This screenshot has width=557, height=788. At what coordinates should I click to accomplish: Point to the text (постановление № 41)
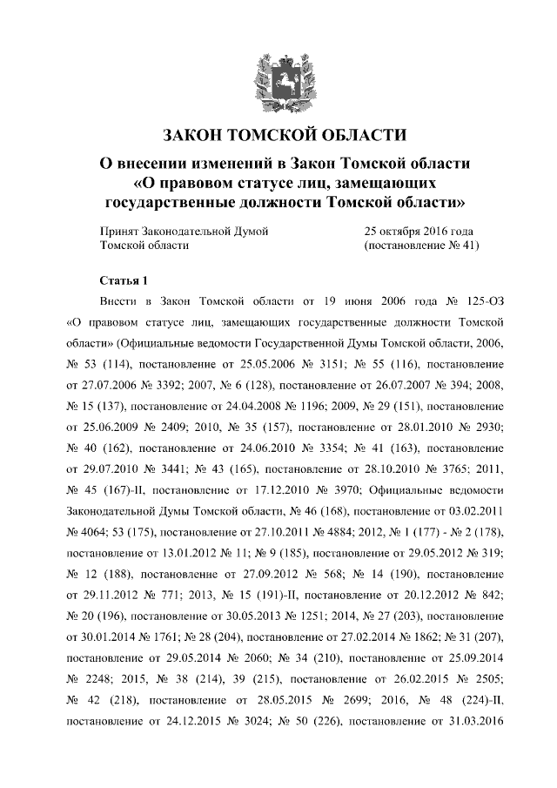pos(420,246)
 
